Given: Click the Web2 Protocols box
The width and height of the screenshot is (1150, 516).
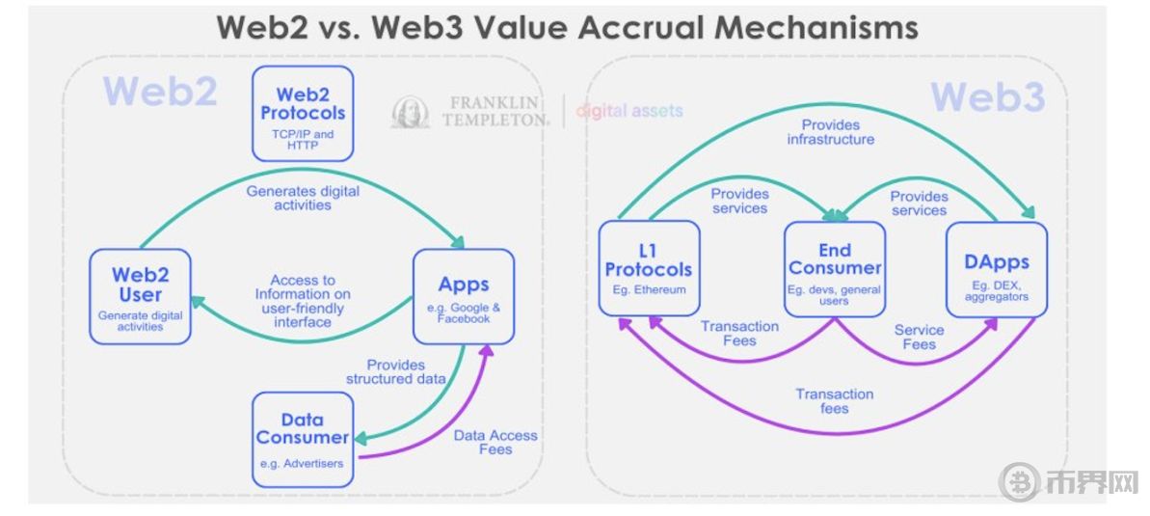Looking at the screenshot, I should (303, 114).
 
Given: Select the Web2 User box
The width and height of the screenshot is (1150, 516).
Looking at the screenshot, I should (140, 296).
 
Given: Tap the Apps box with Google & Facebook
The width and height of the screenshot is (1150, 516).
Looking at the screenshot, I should (463, 296).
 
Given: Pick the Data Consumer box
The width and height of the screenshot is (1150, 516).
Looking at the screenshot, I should (302, 440).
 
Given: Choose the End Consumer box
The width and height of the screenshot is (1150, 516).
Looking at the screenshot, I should (834, 269).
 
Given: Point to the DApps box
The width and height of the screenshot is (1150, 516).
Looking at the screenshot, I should (997, 269).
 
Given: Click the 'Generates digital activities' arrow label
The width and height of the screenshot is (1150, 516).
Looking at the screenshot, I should (303, 198).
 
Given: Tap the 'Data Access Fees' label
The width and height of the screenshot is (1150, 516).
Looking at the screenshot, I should (495, 442).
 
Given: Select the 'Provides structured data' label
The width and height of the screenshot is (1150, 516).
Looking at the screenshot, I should (396, 372).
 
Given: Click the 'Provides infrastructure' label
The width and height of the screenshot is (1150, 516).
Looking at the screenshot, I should (830, 132).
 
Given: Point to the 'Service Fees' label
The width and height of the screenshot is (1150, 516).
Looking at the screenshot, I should (919, 337).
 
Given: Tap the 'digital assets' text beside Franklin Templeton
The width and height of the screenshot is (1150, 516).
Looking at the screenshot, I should (629, 111).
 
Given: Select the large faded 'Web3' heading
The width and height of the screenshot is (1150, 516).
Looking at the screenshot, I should (988, 96).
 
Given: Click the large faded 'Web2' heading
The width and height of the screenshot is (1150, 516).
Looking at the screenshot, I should (160, 91).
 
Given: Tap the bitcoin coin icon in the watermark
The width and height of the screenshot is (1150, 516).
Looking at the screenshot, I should (1019, 482).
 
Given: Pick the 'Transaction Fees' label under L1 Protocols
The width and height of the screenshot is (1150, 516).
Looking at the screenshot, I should (739, 333).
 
